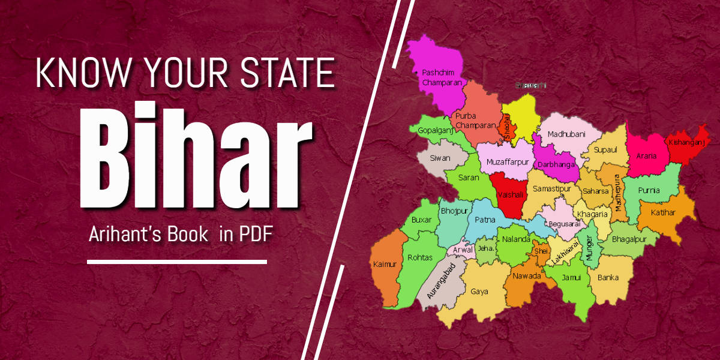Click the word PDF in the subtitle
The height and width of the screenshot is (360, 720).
(257, 235)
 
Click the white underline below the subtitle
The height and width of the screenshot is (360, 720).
(177, 262)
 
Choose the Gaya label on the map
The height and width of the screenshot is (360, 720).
(479, 292)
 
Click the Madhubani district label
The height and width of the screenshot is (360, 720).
(566, 134)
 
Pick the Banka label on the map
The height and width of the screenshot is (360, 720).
(608, 278)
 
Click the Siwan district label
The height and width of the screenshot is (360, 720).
(441, 158)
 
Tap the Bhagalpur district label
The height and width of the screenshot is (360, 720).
(629, 239)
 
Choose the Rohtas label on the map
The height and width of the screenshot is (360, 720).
(420, 257)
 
